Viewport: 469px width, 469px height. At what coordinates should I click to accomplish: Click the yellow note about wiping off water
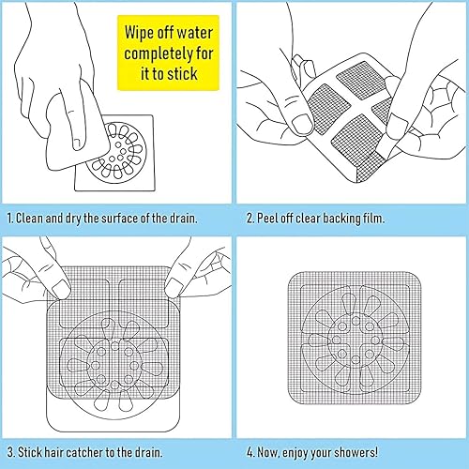pyautogui.click(x=168, y=53)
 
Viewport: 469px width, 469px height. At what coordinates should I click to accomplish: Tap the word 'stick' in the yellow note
pyautogui.click(x=182, y=74)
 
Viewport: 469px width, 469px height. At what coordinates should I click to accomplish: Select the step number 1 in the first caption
pyautogui.click(x=10, y=219)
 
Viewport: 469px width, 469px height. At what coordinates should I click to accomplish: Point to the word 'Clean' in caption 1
pyautogui.click(x=29, y=218)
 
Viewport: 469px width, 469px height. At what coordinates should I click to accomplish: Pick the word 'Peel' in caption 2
pyautogui.click(x=267, y=218)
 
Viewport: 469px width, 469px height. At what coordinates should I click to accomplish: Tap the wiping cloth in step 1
pyautogui.click(x=78, y=131)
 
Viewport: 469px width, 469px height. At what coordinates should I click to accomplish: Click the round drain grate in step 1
pyautogui.click(x=116, y=152)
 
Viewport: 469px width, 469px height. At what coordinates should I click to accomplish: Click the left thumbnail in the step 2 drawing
pyautogui.click(x=302, y=124)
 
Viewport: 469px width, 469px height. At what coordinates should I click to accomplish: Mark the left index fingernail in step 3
pyautogui.click(x=60, y=289)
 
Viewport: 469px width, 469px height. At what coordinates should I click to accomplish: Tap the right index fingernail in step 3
pyautogui.click(x=174, y=288)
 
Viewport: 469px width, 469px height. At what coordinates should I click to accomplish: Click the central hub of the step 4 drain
pyautogui.click(x=356, y=340)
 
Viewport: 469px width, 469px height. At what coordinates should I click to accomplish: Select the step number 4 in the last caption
pyautogui.click(x=250, y=452)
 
